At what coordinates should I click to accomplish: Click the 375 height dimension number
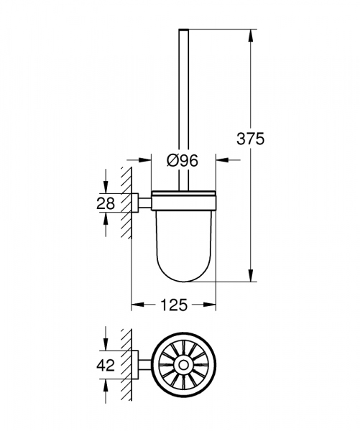251,139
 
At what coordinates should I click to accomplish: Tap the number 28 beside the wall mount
106,203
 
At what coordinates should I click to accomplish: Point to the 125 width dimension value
173,305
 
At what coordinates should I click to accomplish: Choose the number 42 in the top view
106,363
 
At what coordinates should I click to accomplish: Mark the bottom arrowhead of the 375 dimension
251,278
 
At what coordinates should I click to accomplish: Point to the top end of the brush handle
183,31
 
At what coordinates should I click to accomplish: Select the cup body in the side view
183,237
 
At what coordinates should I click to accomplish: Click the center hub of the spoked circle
183,363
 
